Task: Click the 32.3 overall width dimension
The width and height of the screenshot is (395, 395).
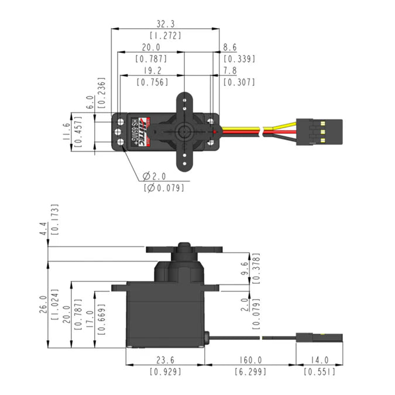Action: tap(166, 24)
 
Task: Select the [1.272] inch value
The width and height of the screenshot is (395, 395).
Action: tap(166, 35)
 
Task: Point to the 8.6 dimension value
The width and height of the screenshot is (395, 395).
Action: tap(231, 47)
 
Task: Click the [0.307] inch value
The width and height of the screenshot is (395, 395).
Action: tap(239, 83)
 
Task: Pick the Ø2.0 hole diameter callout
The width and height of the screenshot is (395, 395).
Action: tap(155, 176)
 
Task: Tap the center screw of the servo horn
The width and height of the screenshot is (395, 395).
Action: tap(185, 130)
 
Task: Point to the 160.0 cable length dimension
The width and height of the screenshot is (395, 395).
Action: tap(250, 360)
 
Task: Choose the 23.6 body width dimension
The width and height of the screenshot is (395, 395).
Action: tap(165, 360)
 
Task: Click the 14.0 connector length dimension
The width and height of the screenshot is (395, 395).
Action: tap(320, 360)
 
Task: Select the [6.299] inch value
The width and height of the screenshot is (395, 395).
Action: tap(250, 372)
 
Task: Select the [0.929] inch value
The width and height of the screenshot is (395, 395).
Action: tap(165, 372)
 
